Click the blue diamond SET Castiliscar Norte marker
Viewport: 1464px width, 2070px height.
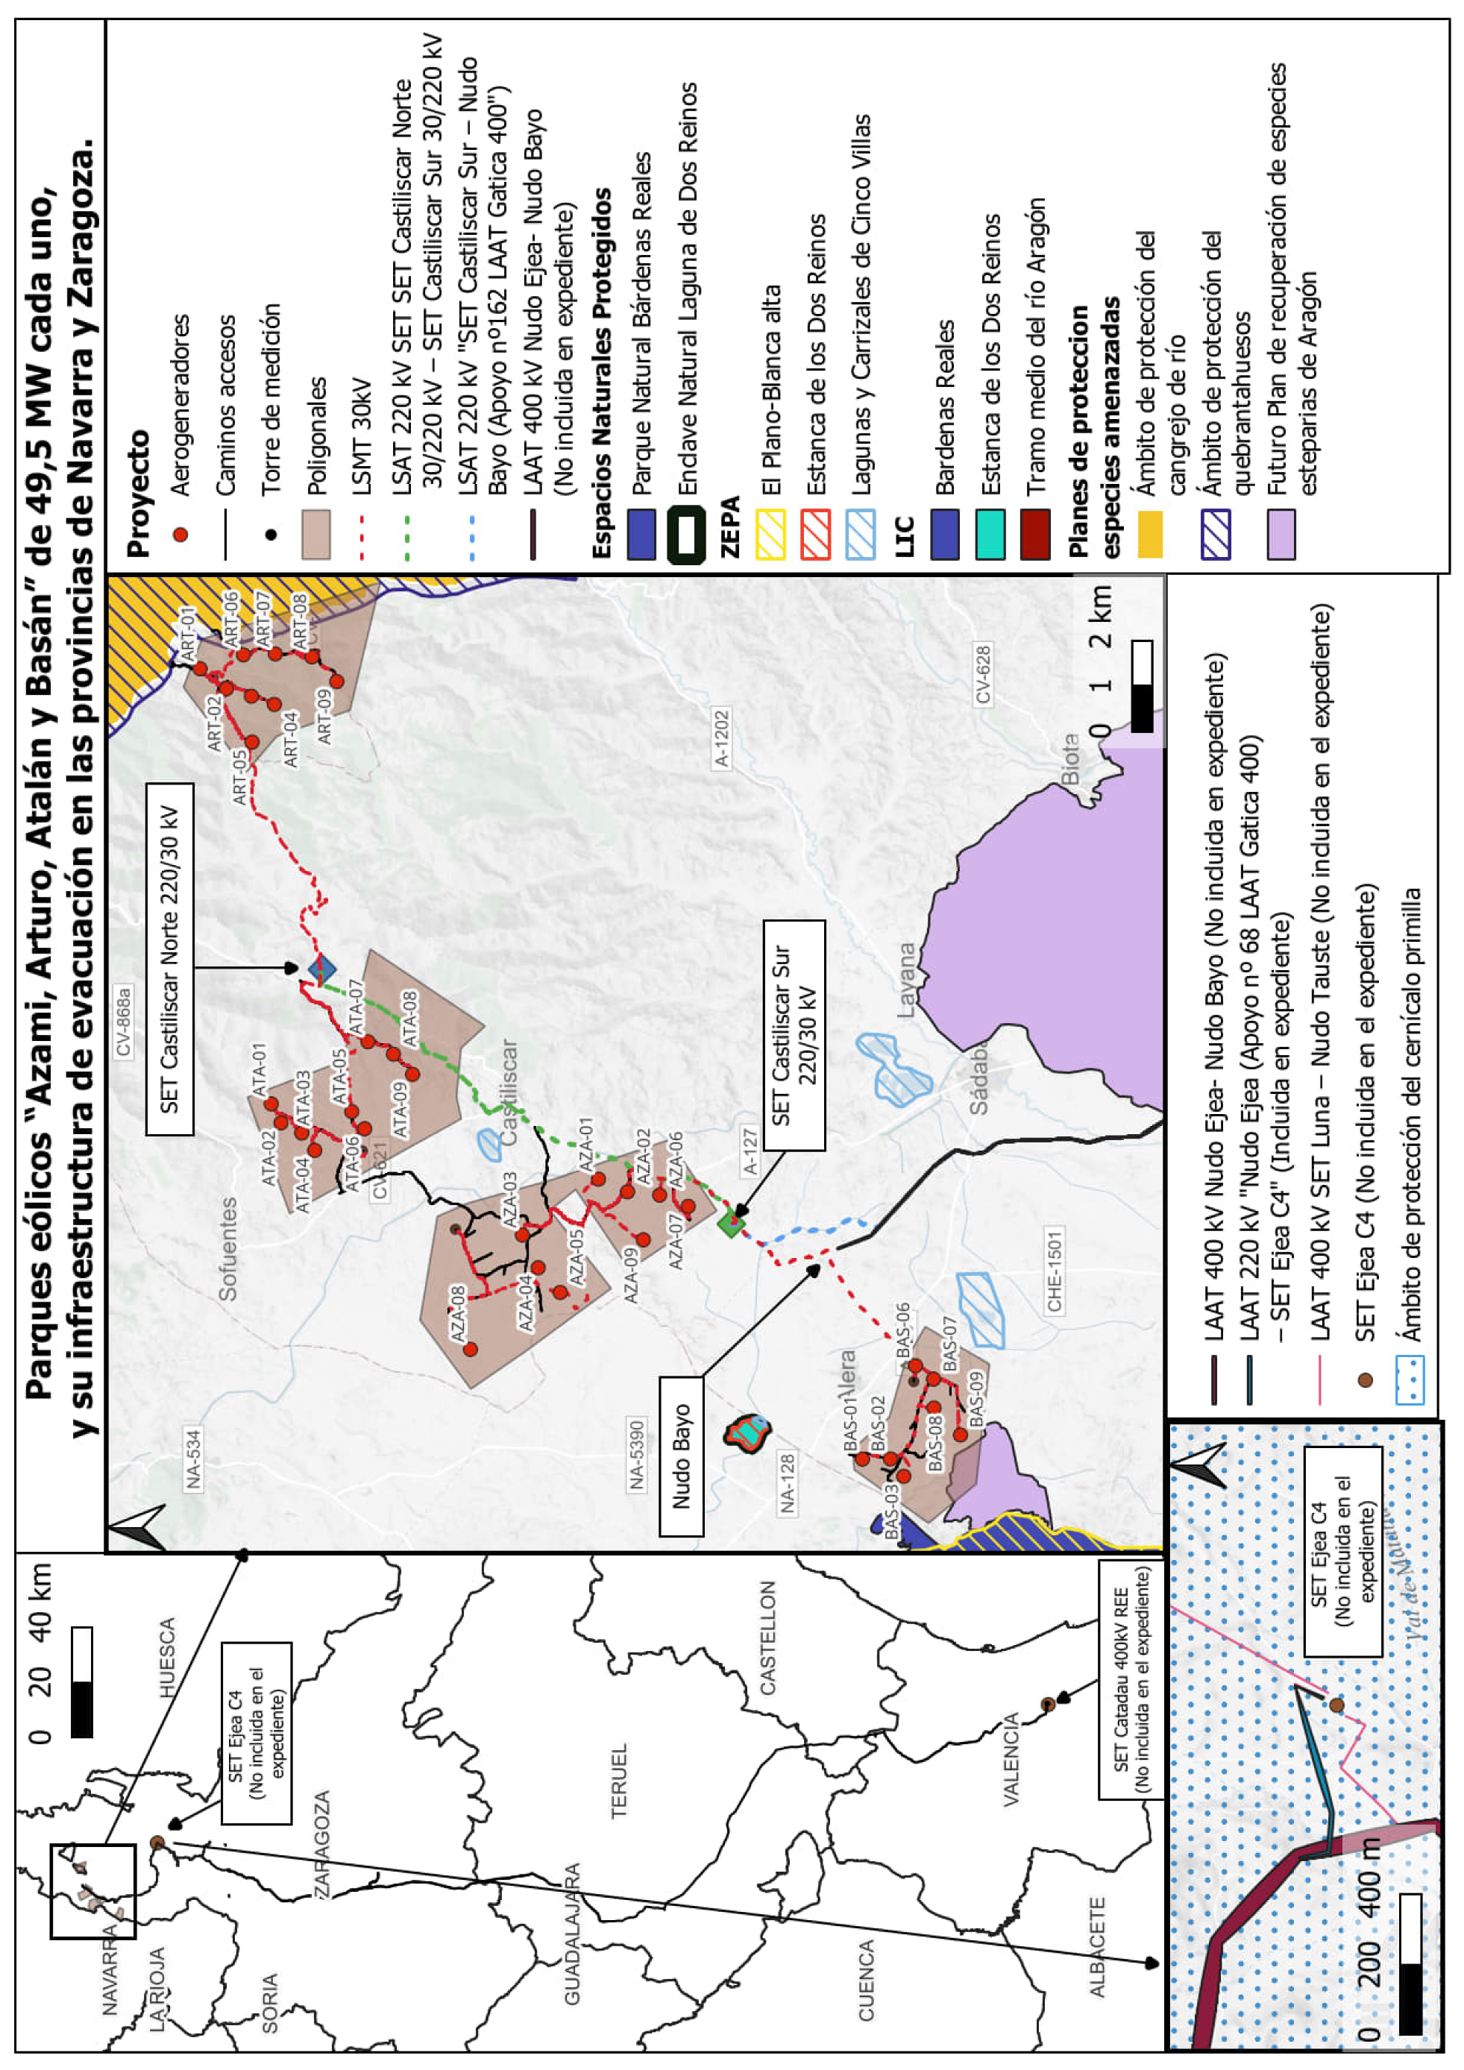tap(322, 970)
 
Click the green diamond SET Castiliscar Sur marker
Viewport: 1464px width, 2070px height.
tap(731, 1224)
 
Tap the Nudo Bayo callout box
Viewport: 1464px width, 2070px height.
tap(682, 1456)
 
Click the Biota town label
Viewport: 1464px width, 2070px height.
tap(1070, 759)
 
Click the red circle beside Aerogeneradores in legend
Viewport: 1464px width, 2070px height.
tap(180, 535)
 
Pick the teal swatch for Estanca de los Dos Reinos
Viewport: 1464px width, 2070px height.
tap(990, 535)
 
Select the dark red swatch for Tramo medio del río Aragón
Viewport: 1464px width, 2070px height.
tap(1036, 535)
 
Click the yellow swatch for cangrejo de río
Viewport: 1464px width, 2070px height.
tap(1149, 535)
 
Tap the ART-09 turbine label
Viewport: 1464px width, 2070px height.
tap(324, 717)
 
